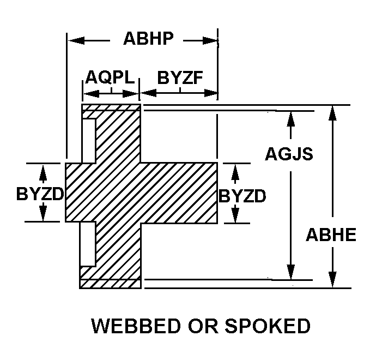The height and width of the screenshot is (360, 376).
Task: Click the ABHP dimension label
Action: point(148,39)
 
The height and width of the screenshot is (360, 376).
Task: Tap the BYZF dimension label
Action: point(180,77)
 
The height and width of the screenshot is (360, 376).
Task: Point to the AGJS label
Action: point(289,154)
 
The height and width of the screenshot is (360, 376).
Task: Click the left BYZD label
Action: point(40,194)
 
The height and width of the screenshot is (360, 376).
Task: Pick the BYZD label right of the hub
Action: point(242,195)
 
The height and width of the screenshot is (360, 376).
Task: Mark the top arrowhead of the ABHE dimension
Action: point(331,111)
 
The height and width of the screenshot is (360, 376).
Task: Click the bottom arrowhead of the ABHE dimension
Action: point(331,280)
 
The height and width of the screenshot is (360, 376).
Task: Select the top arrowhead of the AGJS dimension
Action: point(290,118)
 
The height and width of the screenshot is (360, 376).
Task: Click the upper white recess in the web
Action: point(88,140)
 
